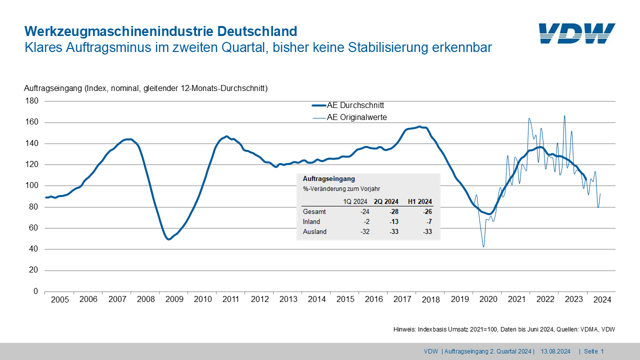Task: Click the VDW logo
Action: (577, 33)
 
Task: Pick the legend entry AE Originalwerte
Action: (356, 117)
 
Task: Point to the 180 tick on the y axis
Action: (31, 101)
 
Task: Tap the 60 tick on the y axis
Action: (33, 228)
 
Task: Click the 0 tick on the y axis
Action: (35, 291)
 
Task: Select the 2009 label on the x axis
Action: (174, 299)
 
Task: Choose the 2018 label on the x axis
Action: (431, 299)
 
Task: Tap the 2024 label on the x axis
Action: (602, 299)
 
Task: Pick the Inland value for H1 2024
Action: (428, 221)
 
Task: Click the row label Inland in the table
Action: (311, 221)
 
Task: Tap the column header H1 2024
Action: (420, 201)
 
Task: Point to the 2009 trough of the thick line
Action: (168, 239)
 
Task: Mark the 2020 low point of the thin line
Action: (483, 246)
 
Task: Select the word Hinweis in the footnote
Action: (404, 329)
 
